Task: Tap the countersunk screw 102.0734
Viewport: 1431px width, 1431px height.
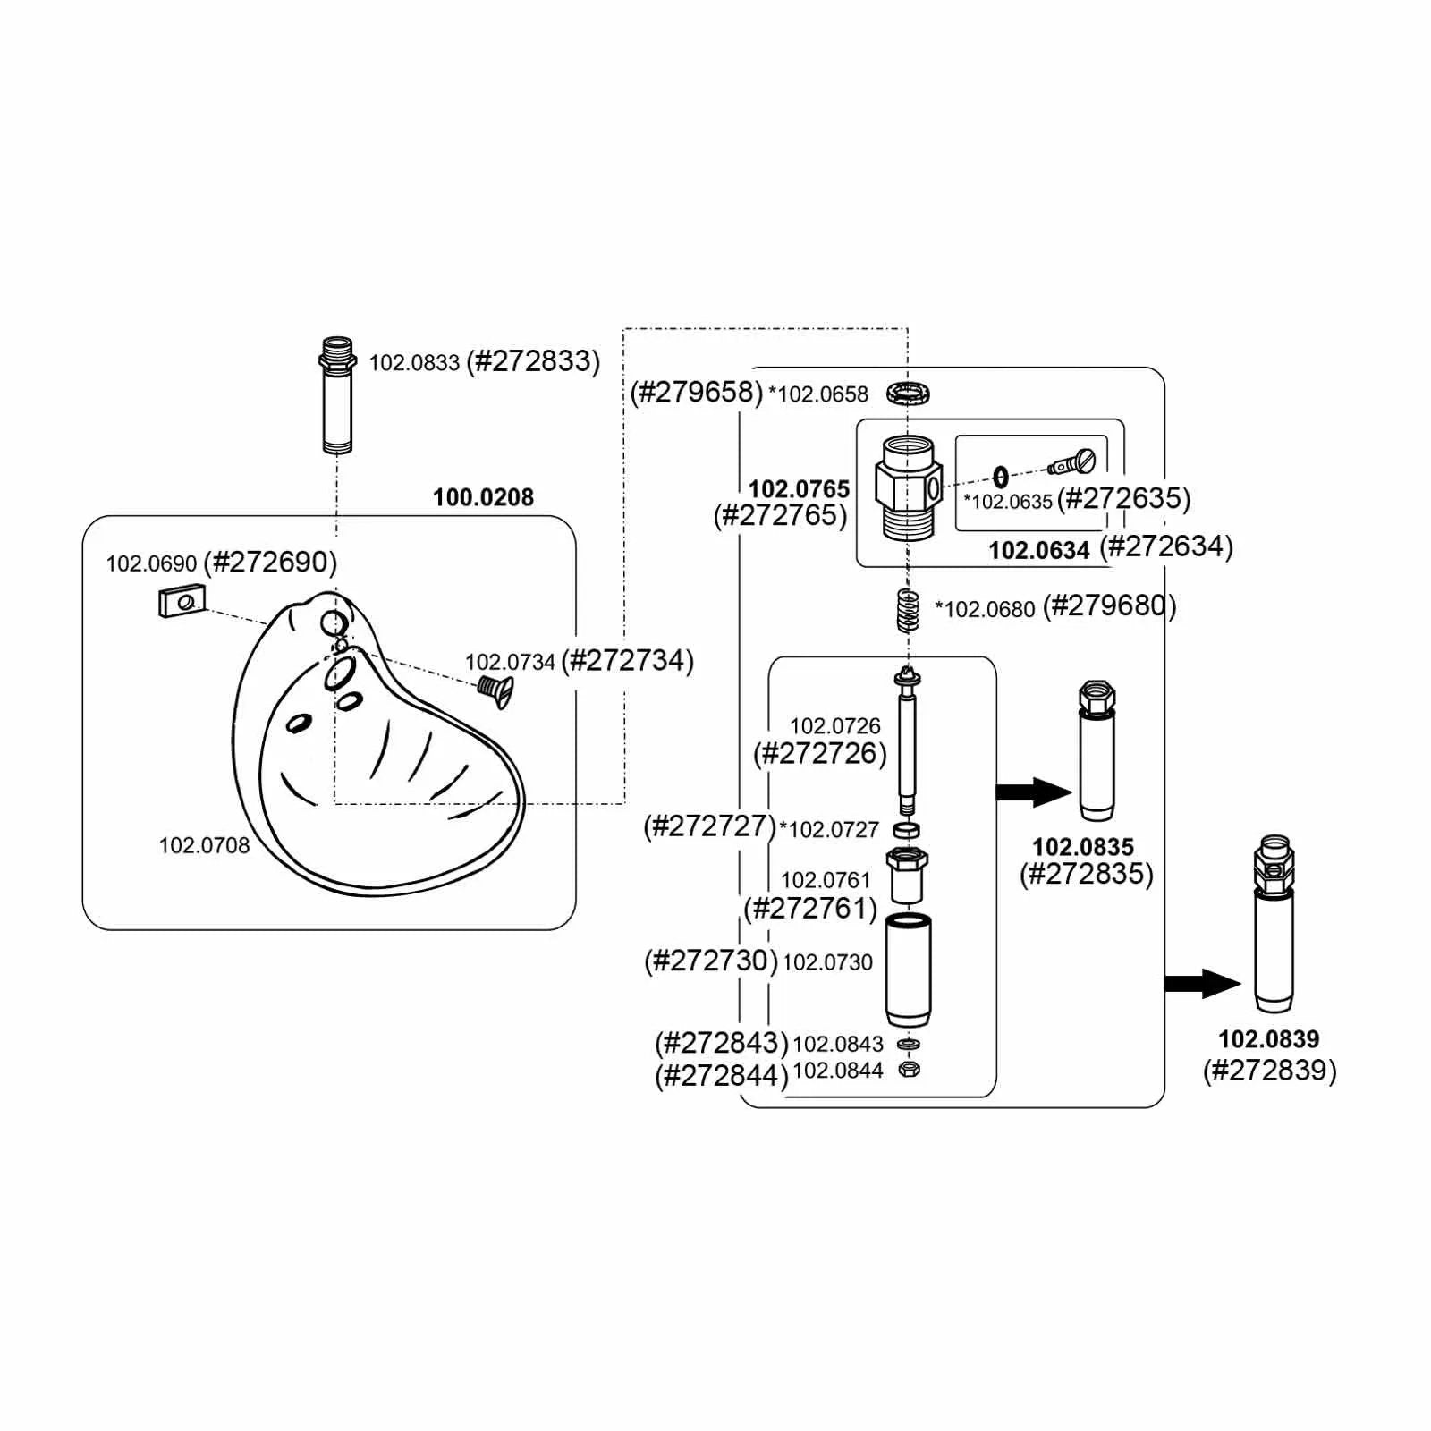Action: point(495,690)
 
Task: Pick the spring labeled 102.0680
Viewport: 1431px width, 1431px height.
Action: point(908,610)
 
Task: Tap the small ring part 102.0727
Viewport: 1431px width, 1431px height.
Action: point(908,830)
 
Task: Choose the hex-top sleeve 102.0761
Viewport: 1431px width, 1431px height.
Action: point(907,875)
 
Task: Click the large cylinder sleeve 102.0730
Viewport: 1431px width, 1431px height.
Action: point(908,970)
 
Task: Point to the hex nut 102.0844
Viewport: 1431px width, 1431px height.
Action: point(908,1069)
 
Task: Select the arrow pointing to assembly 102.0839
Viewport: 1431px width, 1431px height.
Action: point(1202,983)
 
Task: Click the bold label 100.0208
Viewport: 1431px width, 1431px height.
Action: point(483,497)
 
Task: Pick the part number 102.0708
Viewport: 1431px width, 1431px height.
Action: point(204,845)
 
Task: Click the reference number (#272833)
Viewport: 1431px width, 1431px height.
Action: point(533,361)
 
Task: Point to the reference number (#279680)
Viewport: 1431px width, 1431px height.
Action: point(1109,606)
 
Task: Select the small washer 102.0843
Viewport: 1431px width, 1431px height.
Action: point(908,1043)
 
